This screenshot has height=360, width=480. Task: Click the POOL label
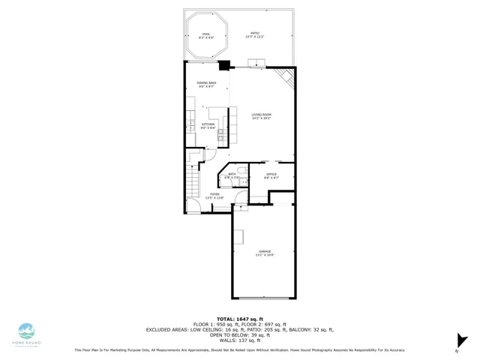click(206, 35)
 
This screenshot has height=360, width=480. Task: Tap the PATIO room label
click(255, 35)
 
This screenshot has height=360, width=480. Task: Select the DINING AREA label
click(207, 85)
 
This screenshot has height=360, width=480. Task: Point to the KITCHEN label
click(208, 126)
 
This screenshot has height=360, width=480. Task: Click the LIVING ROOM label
click(261, 117)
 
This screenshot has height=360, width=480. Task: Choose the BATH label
click(232, 175)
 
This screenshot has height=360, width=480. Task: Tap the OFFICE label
click(271, 175)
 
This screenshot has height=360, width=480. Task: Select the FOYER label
click(214, 196)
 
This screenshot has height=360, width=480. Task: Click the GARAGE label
click(265, 253)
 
